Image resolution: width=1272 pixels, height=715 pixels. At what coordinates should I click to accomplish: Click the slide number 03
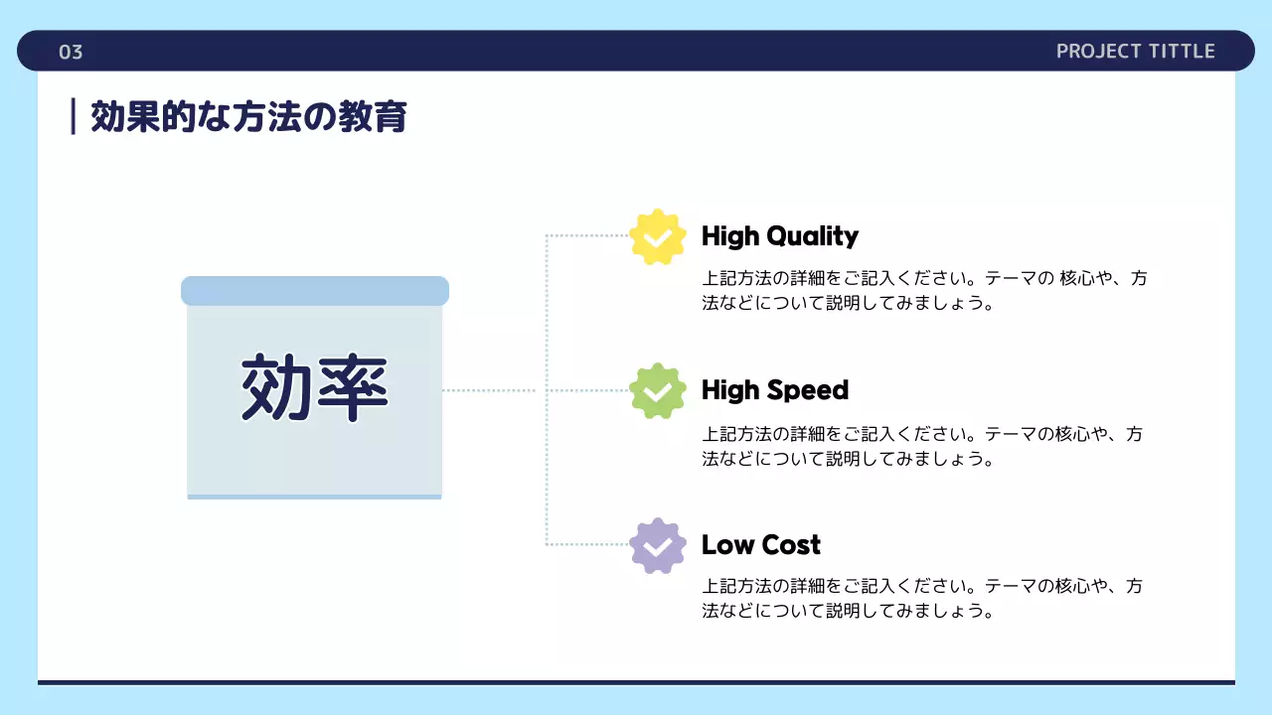(x=71, y=53)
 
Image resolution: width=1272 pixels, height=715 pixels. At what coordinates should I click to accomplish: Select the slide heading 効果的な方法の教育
(x=248, y=117)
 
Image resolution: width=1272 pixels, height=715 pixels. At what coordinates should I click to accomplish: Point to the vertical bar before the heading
(x=74, y=116)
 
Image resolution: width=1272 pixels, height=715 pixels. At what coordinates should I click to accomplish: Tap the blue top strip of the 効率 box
(x=314, y=291)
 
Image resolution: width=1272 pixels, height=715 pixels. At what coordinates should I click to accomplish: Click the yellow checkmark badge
(x=658, y=237)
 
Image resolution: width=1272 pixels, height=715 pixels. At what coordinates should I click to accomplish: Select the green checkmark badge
(x=658, y=391)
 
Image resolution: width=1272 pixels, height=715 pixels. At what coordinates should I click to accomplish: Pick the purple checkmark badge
(x=658, y=545)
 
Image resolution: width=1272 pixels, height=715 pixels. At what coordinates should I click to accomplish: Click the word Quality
(x=811, y=236)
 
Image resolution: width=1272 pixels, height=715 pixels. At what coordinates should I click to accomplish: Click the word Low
(x=726, y=545)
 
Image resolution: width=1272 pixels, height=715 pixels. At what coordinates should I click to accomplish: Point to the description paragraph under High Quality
(x=924, y=291)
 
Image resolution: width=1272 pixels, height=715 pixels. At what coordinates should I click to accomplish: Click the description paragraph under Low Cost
(x=924, y=599)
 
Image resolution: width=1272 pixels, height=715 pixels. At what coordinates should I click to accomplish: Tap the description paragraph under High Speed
(x=924, y=446)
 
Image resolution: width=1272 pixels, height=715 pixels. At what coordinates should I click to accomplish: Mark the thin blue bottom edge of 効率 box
(x=314, y=497)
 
